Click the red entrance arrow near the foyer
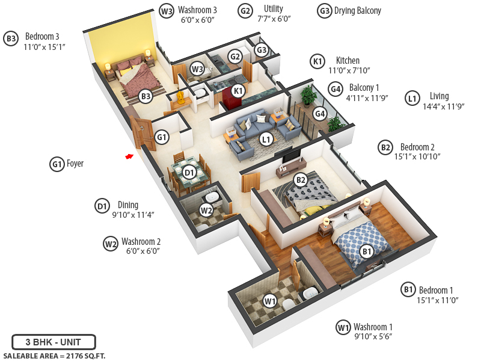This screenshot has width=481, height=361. [129, 157]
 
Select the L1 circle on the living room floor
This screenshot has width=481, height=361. [266, 139]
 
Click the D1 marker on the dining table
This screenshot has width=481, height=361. [189, 173]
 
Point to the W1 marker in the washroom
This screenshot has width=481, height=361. [270, 301]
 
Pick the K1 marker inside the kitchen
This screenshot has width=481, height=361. [239, 90]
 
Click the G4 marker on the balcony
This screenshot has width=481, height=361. [320, 113]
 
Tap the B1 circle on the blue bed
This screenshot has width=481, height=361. [367, 250]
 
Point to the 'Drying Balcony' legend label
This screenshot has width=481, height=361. [358, 11]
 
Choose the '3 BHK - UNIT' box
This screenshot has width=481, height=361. [54, 342]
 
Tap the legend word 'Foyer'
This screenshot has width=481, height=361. [75, 163]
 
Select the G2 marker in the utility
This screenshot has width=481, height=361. [235, 57]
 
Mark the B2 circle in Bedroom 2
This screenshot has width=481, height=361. [301, 179]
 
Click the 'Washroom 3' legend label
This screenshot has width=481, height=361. [197, 10]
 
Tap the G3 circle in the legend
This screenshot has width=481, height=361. [325, 11]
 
